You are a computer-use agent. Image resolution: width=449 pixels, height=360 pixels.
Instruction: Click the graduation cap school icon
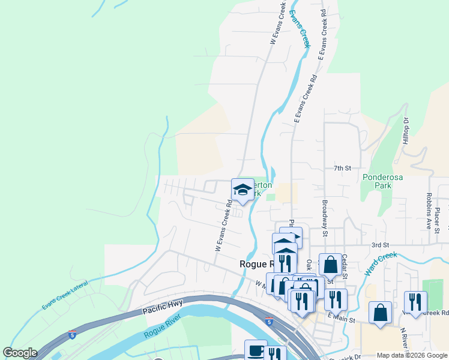tap(243, 190)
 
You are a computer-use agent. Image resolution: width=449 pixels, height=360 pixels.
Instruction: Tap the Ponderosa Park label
tap(377, 181)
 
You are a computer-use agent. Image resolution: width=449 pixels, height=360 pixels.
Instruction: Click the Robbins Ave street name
tap(429, 212)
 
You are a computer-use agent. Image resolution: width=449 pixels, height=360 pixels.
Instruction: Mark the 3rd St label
tap(380, 245)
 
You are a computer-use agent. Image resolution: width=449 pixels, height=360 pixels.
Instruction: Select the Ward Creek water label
tap(381, 263)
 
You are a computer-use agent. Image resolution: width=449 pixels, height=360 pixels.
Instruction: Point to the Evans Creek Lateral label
tap(65, 295)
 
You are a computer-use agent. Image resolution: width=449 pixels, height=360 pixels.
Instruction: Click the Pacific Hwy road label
tap(162, 309)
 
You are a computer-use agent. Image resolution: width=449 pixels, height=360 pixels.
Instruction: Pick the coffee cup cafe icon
tap(256, 350)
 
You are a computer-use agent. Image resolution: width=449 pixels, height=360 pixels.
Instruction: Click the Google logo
tap(20, 353)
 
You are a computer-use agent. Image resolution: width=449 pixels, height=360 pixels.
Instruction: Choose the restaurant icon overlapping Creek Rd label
tap(415, 302)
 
